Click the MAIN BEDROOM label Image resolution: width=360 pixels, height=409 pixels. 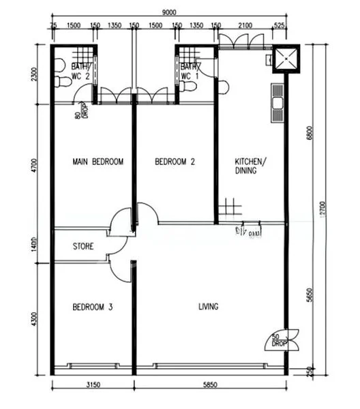coord(97,162)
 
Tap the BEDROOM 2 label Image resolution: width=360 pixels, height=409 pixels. coord(175,162)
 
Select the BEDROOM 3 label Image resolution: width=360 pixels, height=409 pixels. coord(92,307)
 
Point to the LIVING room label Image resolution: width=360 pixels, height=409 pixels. coord(209,307)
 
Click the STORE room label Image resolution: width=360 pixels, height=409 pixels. coord(83,246)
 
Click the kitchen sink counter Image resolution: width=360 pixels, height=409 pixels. coord(277,104)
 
